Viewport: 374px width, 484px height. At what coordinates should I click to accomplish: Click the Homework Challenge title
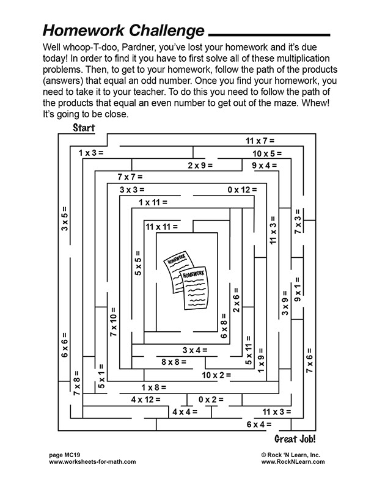pos(123,30)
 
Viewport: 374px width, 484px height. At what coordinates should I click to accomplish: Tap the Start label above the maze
pos(84,128)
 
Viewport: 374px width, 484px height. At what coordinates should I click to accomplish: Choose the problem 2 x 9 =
pos(200,165)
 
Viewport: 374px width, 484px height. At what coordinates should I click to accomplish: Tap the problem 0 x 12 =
pos(242,190)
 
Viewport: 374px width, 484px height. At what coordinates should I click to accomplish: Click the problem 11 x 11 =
pos(162,227)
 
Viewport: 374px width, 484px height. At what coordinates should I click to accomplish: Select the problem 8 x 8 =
pos(174,362)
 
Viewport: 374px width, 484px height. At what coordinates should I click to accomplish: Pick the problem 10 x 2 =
pos(217,375)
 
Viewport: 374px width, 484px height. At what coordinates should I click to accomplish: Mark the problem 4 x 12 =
pos(145,400)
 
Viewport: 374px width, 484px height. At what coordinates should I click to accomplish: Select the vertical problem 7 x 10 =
pos(113,322)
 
